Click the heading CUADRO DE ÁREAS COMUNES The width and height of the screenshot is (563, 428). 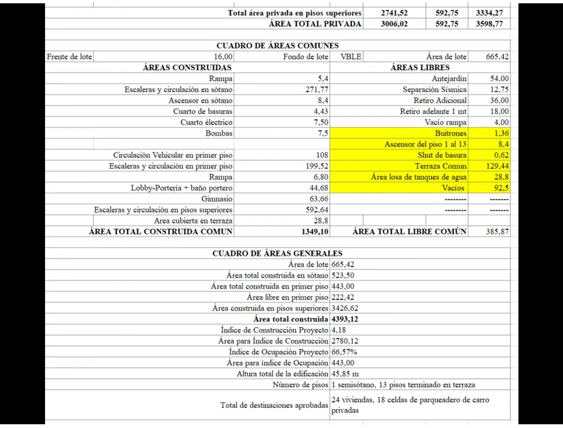tap(277, 46)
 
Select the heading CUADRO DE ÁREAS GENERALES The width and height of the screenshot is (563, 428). tap(277, 253)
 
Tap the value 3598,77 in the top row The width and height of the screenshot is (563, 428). tap(489, 24)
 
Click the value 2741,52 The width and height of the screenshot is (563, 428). tap(395, 13)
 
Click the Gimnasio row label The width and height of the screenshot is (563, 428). tap(216, 199)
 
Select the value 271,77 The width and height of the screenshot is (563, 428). tap(317, 89)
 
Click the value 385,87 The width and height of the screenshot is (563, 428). tap(497, 231)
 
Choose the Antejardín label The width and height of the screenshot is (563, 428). tap(449, 78)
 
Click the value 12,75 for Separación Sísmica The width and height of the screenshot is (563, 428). tap(499, 89)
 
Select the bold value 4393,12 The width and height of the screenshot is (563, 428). tap(346, 319)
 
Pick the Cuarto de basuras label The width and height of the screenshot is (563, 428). tap(203, 111)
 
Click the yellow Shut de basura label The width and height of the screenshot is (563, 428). tap(442, 155)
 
